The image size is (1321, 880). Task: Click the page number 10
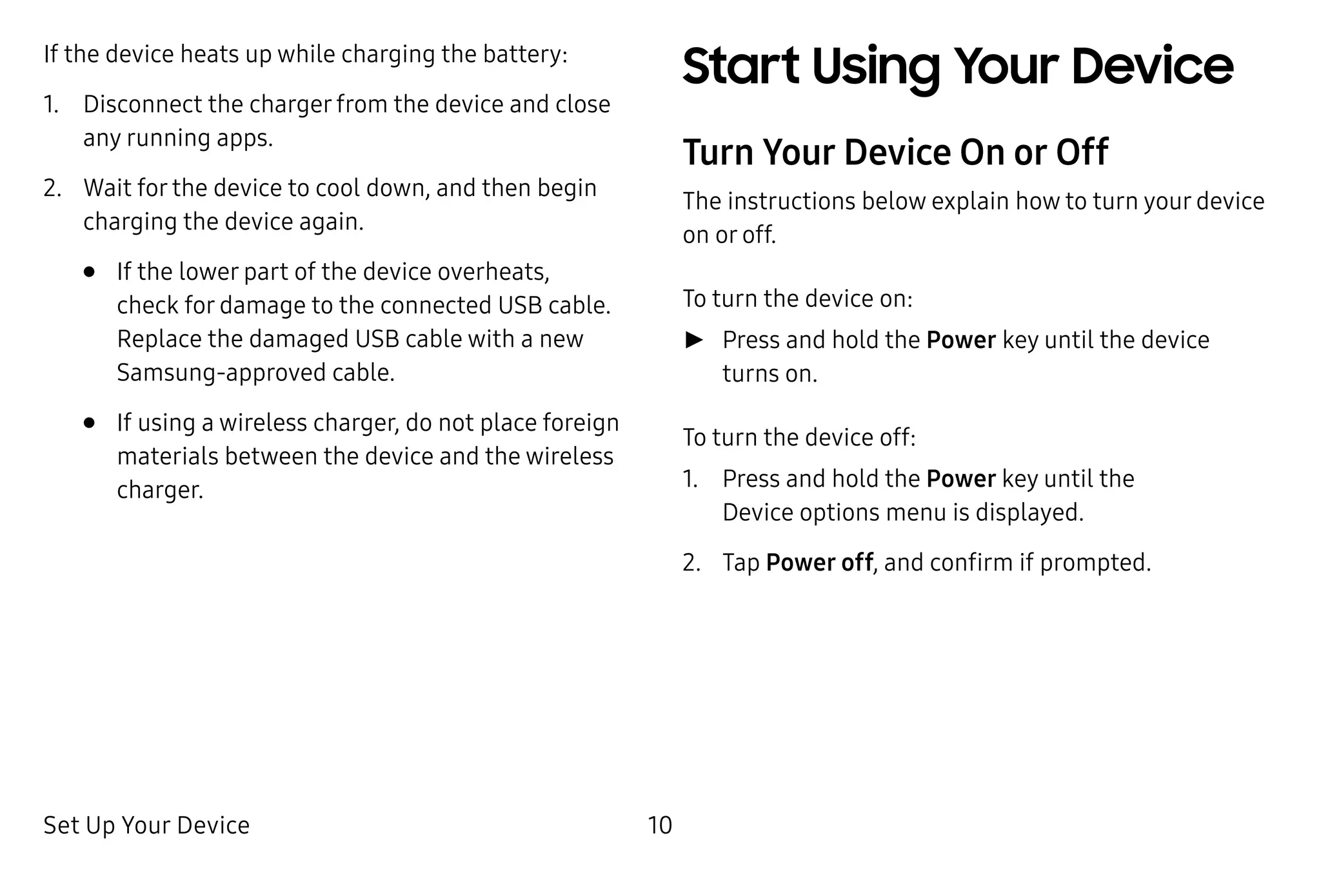(x=659, y=825)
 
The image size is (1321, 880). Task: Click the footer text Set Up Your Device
(x=146, y=825)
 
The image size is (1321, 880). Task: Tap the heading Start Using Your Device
(x=957, y=67)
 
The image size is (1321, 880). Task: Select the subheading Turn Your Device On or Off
(x=895, y=152)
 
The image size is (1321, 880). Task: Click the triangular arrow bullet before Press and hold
(x=694, y=340)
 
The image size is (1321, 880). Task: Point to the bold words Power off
(x=819, y=562)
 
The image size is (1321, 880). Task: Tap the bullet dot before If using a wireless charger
(x=90, y=423)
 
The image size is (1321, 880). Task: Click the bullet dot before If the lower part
(x=90, y=272)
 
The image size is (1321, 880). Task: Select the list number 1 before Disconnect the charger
(x=50, y=104)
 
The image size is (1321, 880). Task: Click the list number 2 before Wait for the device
(x=52, y=188)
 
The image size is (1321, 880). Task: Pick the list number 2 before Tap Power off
(x=691, y=563)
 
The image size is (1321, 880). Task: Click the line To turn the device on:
(x=797, y=298)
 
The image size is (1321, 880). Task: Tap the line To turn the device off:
(x=799, y=437)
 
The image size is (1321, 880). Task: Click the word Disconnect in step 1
(x=143, y=104)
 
